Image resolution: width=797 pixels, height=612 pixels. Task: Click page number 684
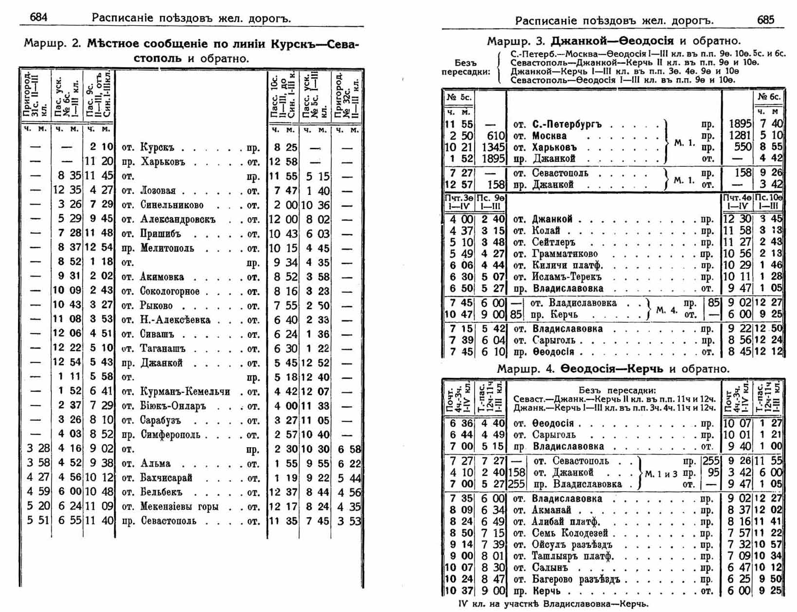click(38, 17)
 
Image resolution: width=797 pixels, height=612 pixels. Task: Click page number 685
click(765, 19)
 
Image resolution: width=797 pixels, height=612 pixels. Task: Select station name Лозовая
click(158, 191)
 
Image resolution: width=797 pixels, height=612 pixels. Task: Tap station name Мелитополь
click(167, 248)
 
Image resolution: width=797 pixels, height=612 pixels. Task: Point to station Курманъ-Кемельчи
click(185, 392)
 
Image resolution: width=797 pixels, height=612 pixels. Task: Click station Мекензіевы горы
click(179, 507)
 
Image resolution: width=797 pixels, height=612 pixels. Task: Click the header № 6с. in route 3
click(768, 97)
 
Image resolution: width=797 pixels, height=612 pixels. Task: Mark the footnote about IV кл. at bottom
click(553, 604)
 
